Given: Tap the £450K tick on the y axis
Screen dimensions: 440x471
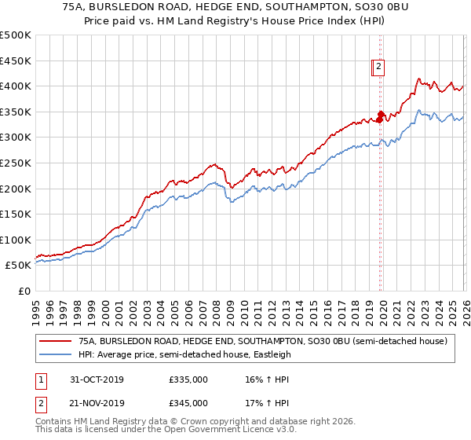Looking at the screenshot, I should coord(16,60).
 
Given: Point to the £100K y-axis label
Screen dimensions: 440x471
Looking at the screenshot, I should coord(16,240).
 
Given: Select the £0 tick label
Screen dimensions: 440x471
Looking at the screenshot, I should coord(24,291).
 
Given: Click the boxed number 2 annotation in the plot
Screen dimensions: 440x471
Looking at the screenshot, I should coord(378,68).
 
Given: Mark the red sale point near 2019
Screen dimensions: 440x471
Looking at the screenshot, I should coord(380,116).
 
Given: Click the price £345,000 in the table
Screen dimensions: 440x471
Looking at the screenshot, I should coord(188,403).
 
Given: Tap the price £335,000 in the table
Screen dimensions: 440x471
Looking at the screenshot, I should coord(188,379).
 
